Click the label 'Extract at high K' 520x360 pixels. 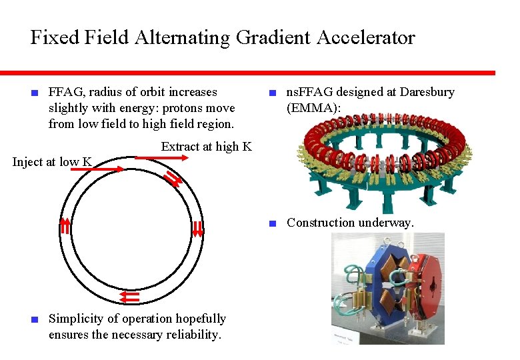(x=206, y=147)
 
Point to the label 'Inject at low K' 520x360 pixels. (x=52, y=162)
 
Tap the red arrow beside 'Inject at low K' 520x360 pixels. (x=97, y=169)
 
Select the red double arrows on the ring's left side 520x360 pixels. (x=65, y=227)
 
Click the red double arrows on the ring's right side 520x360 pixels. (x=197, y=229)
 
